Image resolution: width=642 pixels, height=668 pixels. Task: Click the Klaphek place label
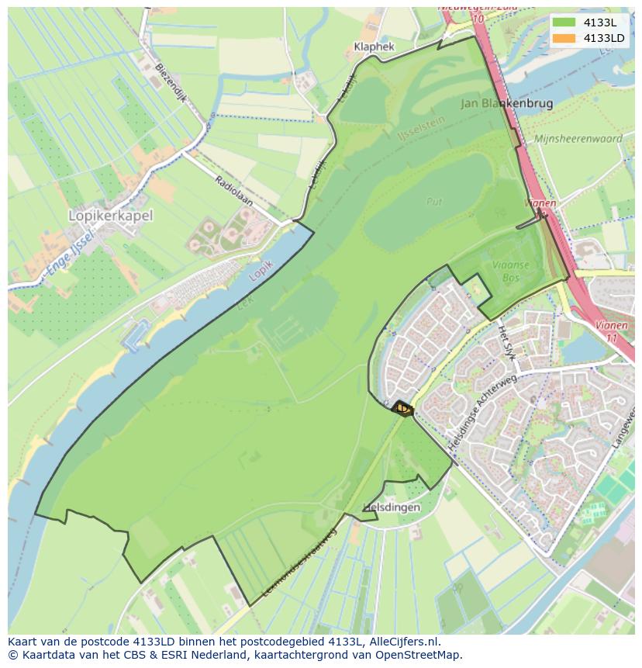click(374, 47)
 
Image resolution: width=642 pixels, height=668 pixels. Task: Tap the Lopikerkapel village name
click(111, 215)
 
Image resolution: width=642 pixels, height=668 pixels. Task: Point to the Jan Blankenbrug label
click(506, 102)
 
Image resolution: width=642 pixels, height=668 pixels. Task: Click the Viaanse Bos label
click(509, 271)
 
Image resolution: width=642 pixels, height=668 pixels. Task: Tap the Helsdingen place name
click(392, 507)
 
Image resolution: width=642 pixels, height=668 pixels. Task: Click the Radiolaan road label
click(233, 191)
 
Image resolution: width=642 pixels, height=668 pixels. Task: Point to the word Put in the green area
click(433, 201)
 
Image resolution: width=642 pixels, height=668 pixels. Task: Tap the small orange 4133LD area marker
click(402, 408)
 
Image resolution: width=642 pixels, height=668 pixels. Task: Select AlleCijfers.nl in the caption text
click(404, 642)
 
